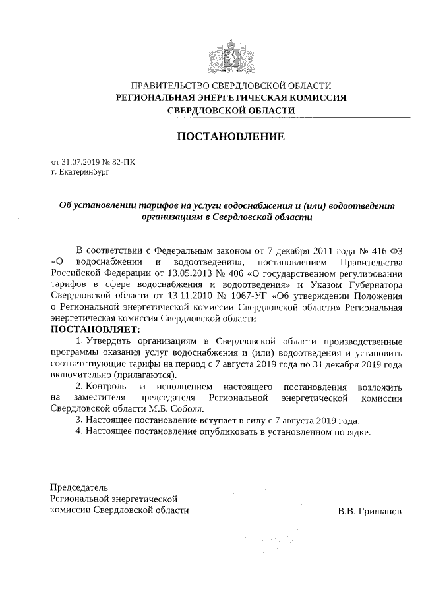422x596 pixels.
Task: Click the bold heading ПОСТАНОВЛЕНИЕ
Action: [x=230, y=137]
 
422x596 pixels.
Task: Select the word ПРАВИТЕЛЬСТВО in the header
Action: [x=170, y=86]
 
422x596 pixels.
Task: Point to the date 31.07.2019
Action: [x=79, y=161]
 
